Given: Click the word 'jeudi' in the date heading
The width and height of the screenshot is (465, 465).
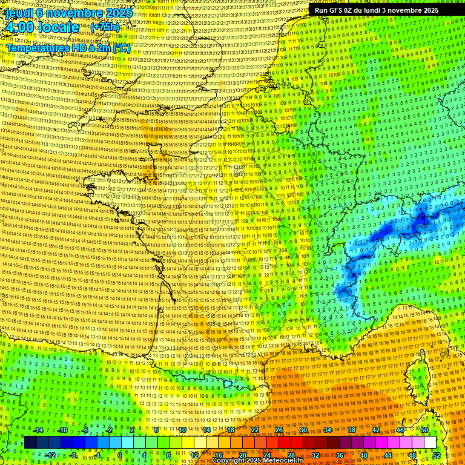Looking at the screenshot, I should click(x=18, y=12).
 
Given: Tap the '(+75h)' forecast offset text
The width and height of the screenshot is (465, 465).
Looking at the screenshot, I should click(x=105, y=27).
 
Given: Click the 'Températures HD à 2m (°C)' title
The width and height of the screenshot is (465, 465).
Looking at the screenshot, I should click(x=68, y=47).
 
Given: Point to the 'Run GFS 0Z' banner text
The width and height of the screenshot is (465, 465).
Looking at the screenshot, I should click(x=340, y=10).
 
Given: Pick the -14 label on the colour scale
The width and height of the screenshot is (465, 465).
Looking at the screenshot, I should click(x=38, y=430).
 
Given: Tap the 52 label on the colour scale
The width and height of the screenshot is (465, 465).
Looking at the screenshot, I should click(x=437, y=455).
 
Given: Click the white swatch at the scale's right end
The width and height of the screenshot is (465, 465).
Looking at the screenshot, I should click(x=430, y=443).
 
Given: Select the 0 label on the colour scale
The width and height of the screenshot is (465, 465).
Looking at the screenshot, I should click(x=120, y=455).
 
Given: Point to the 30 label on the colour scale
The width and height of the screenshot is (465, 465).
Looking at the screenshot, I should click(x=303, y=430).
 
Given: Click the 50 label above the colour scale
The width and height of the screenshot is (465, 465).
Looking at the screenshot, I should click(x=424, y=430).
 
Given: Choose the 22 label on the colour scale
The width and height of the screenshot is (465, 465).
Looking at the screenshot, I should click(x=255, y=430).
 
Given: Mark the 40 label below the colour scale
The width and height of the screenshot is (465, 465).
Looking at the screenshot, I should click(x=364, y=455).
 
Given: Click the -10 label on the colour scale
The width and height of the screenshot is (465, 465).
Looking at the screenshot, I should click(x=62, y=430).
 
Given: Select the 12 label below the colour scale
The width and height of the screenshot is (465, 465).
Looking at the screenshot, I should click(x=194, y=455).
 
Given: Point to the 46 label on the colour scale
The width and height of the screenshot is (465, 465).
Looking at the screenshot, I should click(x=400, y=430).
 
